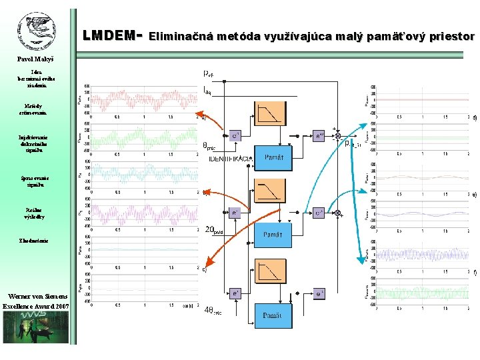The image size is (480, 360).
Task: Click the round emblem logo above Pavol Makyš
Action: tap(37, 32)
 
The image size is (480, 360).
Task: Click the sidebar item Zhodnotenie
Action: tap(33, 239)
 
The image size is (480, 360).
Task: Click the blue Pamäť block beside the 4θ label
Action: tap(276, 315)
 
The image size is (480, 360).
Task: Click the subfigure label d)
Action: tap(474, 119)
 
